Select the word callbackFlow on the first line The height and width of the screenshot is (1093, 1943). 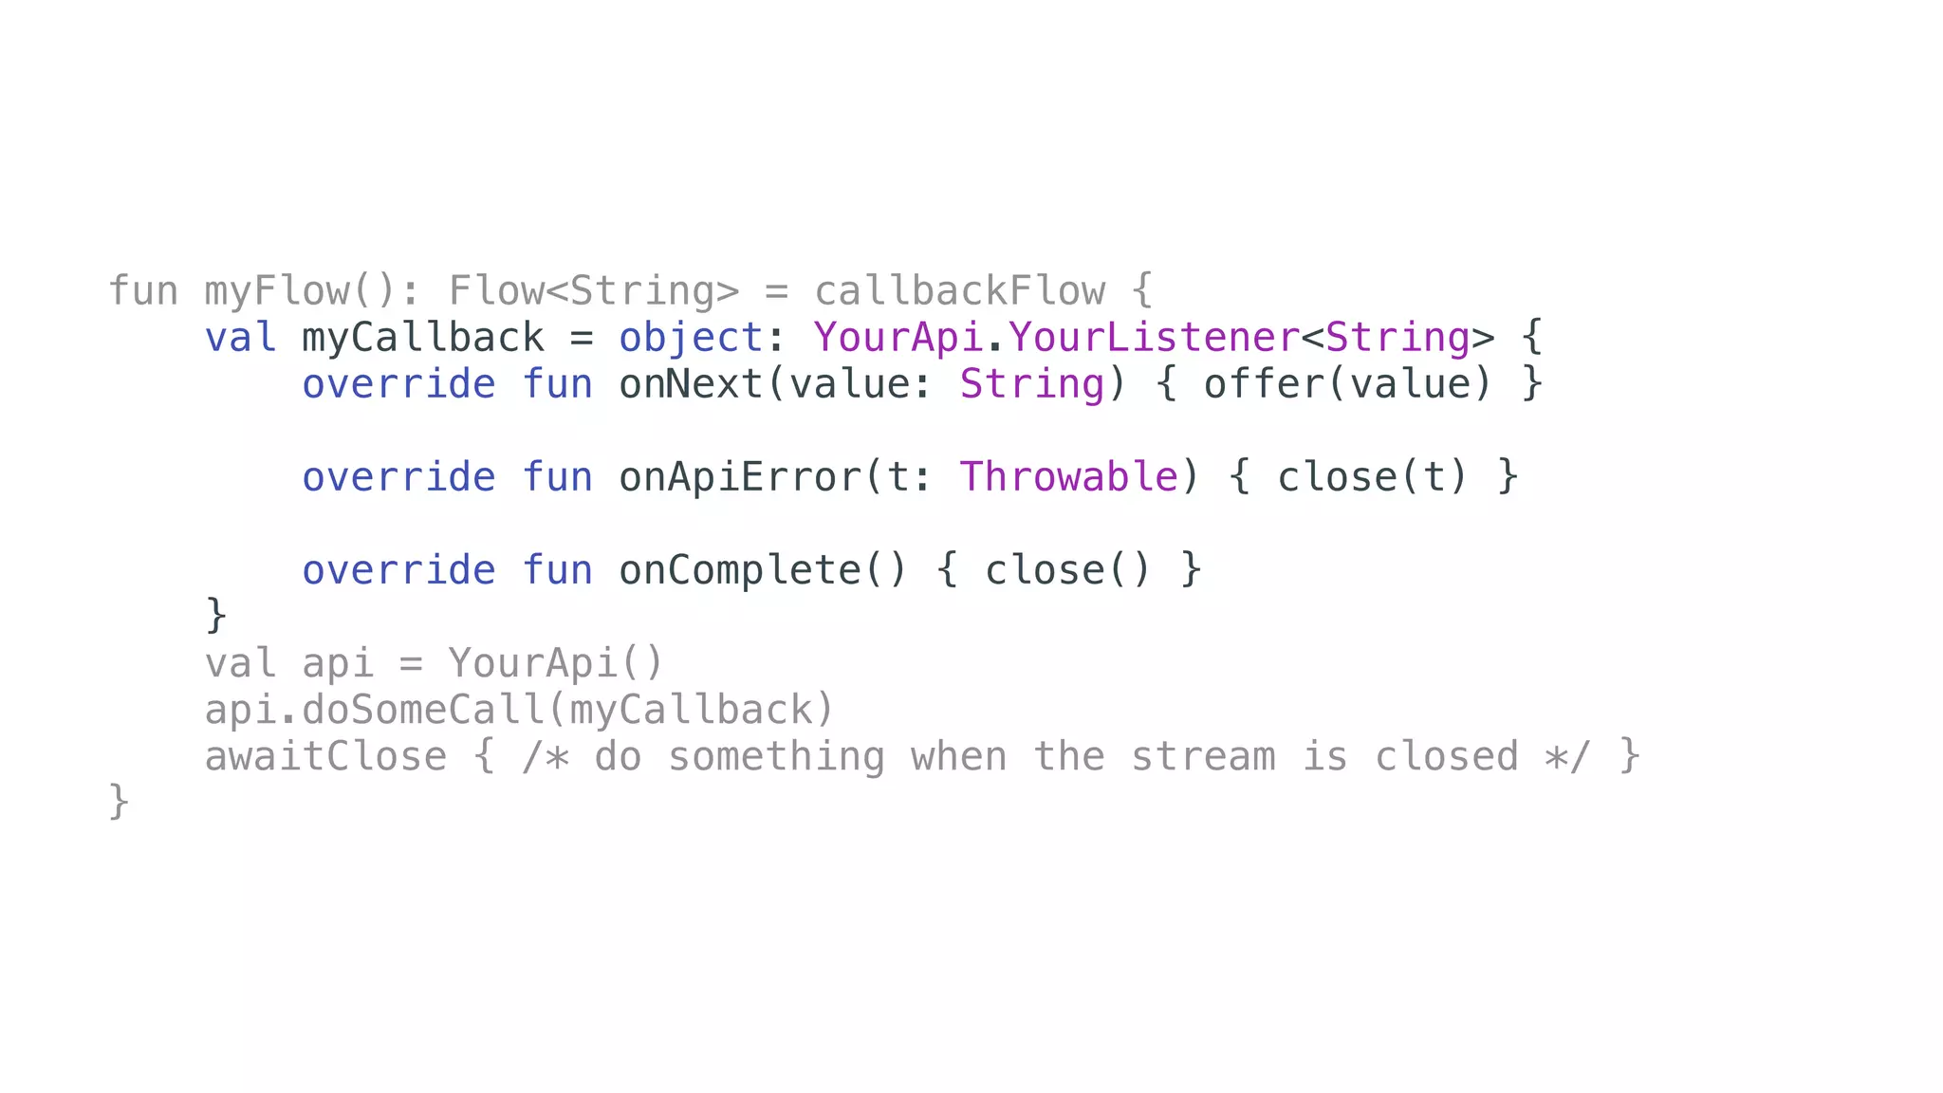tap(960, 291)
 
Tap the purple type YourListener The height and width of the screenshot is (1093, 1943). tap(1153, 338)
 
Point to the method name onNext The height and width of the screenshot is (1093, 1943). tap(692, 384)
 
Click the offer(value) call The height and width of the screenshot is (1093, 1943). tap(1348, 384)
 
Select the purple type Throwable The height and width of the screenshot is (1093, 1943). tap(1069, 477)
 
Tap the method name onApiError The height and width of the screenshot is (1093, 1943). tap(741, 477)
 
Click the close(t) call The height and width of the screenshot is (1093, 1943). tap(1373, 477)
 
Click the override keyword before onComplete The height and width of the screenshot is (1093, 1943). tap(398, 570)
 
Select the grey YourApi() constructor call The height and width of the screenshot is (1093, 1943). tap(556, 663)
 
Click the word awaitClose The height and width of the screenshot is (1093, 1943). tap(325, 757)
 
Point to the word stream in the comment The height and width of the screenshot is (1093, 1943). tap(1203, 757)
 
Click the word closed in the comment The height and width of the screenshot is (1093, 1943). tap(1447, 757)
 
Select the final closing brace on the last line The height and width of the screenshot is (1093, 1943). tap(119, 802)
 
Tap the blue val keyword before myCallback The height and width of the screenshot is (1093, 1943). tap(240, 338)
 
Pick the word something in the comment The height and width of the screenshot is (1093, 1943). tap(776, 757)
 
